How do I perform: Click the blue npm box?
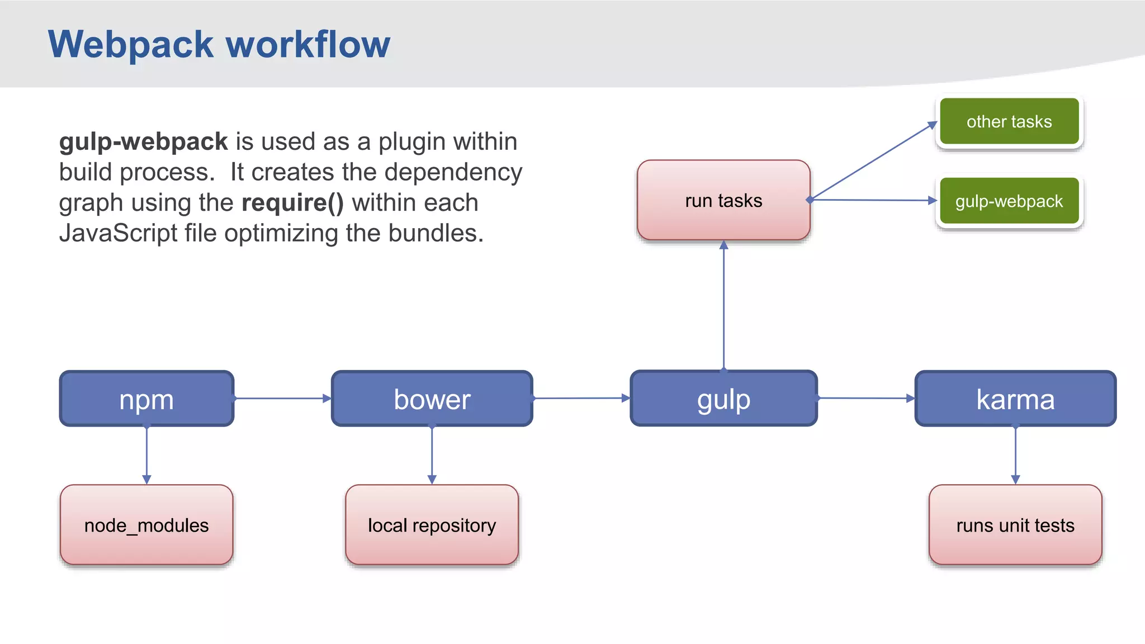[146, 399]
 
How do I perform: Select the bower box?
[432, 399]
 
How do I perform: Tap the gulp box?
[723, 399]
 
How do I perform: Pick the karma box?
[1015, 399]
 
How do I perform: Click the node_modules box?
[146, 525]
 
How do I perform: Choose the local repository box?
[432, 525]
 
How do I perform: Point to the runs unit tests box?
[1015, 525]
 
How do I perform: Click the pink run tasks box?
[723, 200]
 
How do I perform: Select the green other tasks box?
[1009, 121]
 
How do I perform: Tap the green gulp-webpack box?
[1009, 201]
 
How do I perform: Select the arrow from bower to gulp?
[581, 399]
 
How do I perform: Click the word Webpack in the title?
[131, 45]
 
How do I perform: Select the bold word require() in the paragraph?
[292, 202]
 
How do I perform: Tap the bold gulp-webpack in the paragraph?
[143, 141]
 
